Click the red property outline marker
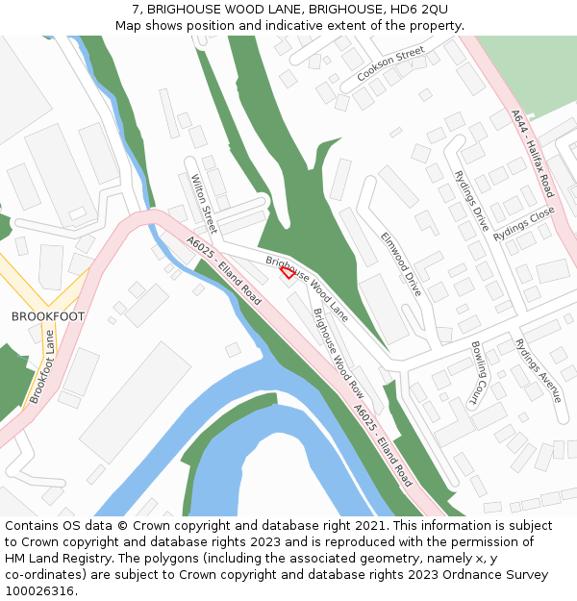[287, 272]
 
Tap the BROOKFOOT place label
[48, 316]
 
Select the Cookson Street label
[389, 63]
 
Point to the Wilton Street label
[204, 204]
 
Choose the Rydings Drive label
[471, 202]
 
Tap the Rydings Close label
[524, 224]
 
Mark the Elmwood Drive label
[401, 263]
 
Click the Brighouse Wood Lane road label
[307, 287]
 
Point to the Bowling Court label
[478, 373]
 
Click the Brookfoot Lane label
[42, 367]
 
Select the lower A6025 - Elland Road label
[383, 444]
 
